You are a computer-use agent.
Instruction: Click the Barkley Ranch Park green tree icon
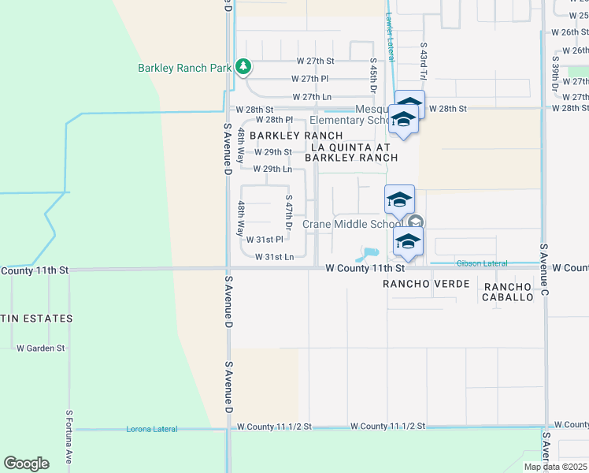click(244, 67)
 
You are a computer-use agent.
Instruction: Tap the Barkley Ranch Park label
click(184, 68)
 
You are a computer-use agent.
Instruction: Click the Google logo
click(26, 464)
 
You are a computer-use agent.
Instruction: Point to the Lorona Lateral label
click(151, 429)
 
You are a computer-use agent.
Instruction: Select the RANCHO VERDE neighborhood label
click(426, 283)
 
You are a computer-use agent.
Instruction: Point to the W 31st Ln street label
click(274, 256)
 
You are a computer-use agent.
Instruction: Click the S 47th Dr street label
click(289, 213)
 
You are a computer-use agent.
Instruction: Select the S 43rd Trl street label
click(423, 61)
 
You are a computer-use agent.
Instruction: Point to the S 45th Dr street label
click(373, 76)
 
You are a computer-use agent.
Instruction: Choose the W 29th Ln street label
click(272, 169)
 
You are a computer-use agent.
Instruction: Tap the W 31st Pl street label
click(265, 239)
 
